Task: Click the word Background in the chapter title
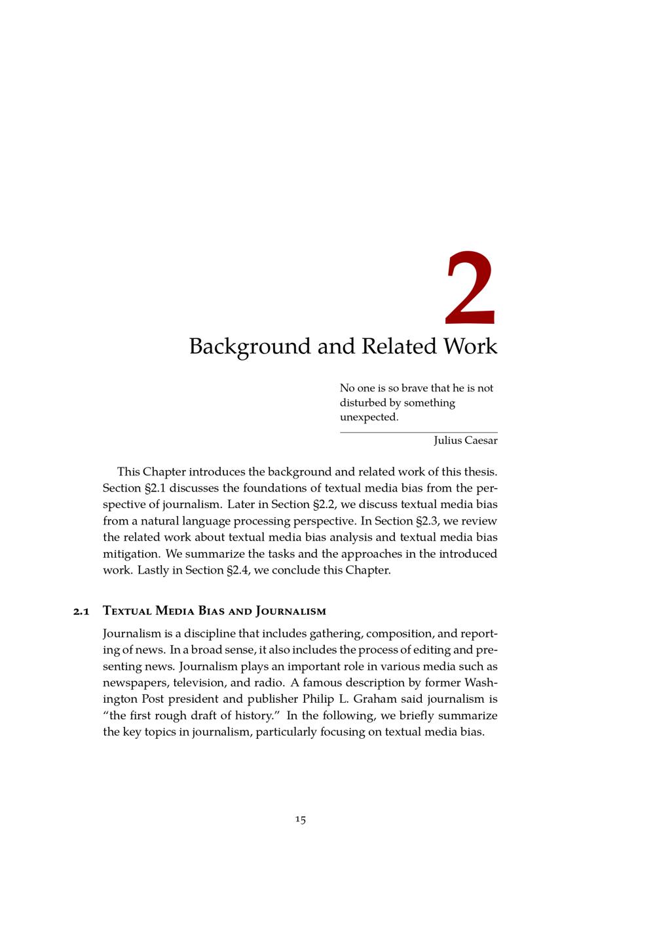coord(250,346)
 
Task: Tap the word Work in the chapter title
coord(470,346)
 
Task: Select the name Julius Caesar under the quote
coord(465,441)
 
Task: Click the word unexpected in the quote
coord(369,418)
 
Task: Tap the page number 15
coord(300,819)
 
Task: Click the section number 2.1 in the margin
coord(81,612)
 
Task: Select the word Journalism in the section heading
coord(291,612)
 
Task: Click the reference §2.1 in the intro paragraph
coord(155,488)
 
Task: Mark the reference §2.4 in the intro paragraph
coord(238,570)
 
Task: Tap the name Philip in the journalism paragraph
coord(318,700)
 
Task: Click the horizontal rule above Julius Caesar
coord(419,433)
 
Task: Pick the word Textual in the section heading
coord(128,612)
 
